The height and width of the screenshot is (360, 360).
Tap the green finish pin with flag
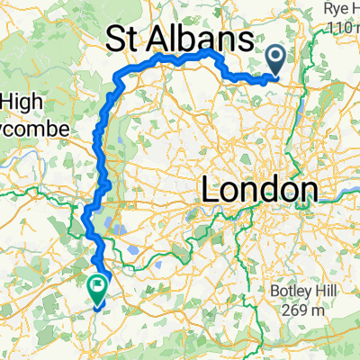[x=96, y=286]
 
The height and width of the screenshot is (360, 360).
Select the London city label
[x=259, y=191]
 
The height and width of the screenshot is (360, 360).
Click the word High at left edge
[x=20, y=103]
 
